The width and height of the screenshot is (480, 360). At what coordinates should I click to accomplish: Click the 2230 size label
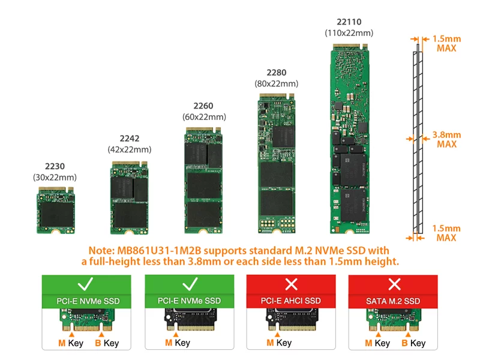55,166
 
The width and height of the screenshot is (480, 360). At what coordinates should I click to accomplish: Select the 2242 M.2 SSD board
129,197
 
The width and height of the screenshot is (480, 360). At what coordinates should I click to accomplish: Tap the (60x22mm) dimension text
204,116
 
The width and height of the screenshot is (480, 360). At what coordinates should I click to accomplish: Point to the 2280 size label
276,73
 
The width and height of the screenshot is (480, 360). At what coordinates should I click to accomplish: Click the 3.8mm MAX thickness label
446,139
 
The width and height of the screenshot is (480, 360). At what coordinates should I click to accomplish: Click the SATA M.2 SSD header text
394,300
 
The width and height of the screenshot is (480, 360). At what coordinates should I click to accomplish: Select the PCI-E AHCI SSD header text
291,300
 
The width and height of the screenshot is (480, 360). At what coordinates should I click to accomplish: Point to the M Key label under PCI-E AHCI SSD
278,343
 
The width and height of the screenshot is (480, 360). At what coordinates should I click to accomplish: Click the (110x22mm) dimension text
349,32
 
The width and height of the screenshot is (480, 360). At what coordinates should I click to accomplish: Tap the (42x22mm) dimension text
129,149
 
